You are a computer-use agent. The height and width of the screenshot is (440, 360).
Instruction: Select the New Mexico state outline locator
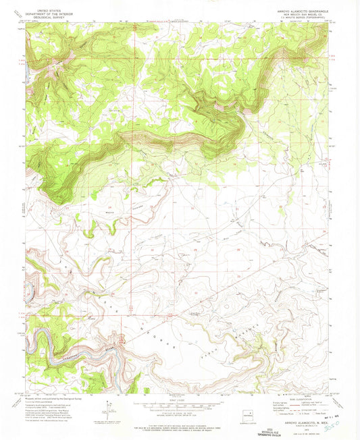pyautogui.click(x=253, y=412)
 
